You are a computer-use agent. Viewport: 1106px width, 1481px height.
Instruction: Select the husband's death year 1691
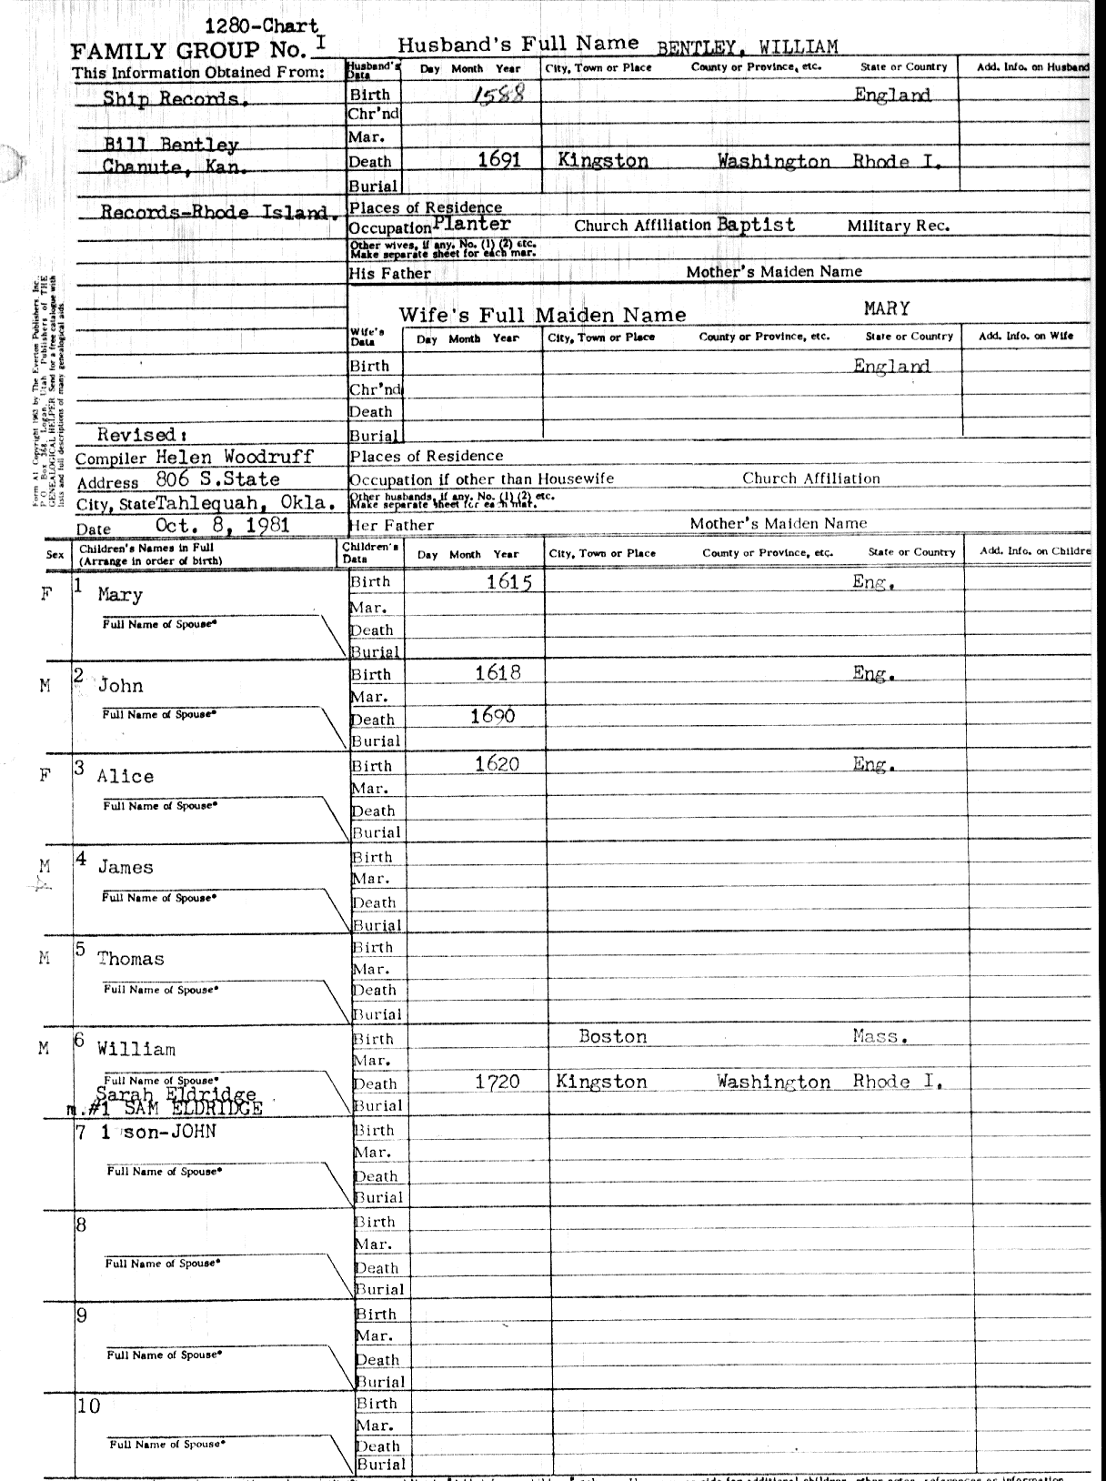499,160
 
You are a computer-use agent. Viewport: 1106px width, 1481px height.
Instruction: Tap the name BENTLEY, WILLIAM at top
747,47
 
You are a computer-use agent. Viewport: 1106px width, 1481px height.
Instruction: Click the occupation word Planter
472,224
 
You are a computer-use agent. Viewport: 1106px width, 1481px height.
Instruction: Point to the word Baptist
755,225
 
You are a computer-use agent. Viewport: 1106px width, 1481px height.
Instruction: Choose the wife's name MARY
887,308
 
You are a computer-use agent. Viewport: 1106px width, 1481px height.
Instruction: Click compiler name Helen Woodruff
235,457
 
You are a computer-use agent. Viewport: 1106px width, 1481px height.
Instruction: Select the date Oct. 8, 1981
223,525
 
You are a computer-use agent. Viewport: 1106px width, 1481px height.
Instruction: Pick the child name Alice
126,776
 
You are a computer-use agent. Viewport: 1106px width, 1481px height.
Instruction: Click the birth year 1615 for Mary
508,582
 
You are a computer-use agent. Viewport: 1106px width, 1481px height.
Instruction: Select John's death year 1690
493,716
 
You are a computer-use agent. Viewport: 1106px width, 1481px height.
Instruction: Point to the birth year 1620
498,764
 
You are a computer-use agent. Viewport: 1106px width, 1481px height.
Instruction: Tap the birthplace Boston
613,1036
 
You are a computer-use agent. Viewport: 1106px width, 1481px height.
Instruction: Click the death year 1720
498,1082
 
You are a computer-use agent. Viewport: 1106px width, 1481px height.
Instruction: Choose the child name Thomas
131,959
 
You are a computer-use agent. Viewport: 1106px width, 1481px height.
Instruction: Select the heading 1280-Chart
261,27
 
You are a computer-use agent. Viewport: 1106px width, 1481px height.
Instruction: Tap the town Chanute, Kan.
175,166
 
